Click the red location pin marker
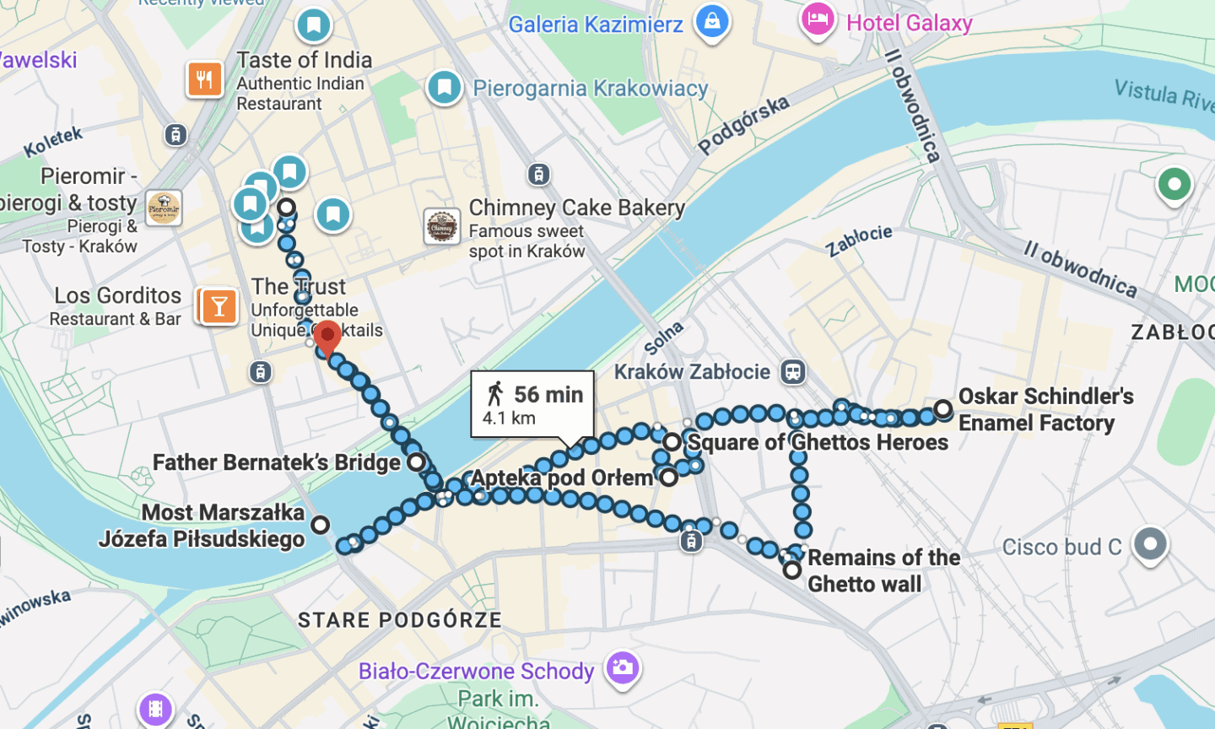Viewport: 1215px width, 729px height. click(x=327, y=337)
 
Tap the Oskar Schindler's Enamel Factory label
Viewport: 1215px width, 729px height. click(x=1045, y=409)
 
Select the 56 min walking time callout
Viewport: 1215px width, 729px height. click(x=532, y=403)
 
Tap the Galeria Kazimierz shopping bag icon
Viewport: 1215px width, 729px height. click(x=711, y=21)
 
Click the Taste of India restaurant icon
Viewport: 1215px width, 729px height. click(x=204, y=80)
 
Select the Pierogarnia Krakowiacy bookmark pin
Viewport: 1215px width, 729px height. click(x=445, y=87)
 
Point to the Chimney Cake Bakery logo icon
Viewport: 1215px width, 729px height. click(x=441, y=227)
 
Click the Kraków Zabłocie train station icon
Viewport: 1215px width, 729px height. click(x=792, y=372)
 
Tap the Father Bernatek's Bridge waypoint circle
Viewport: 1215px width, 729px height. click(x=417, y=462)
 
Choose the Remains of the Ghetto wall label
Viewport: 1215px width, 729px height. click(x=883, y=570)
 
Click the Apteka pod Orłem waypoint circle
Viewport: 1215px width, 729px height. click(x=669, y=478)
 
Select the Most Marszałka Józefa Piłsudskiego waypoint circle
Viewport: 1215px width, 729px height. click(x=320, y=525)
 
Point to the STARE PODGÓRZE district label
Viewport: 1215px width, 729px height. click(x=399, y=620)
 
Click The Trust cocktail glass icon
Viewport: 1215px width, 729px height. click(x=219, y=305)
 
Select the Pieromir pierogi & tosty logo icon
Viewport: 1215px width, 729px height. click(x=164, y=208)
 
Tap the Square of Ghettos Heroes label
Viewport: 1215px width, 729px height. click(x=818, y=442)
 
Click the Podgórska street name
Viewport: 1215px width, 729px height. click(x=743, y=125)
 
